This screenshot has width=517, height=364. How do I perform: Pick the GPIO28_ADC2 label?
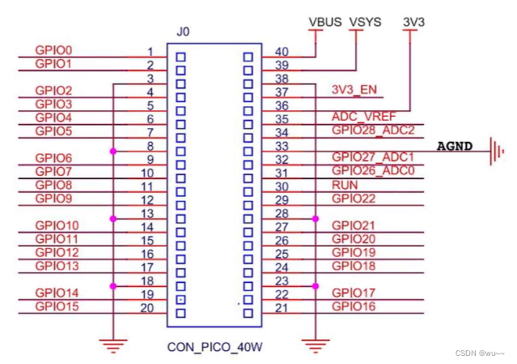(373, 130)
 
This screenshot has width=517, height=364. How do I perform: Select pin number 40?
(281, 53)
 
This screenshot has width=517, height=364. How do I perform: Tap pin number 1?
(150, 53)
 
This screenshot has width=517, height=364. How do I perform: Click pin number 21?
(281, 308)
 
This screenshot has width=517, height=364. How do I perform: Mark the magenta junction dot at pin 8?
(114, 151)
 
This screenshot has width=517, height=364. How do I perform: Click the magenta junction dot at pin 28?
(315, 218)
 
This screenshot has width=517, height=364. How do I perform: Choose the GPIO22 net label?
(354, 198)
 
